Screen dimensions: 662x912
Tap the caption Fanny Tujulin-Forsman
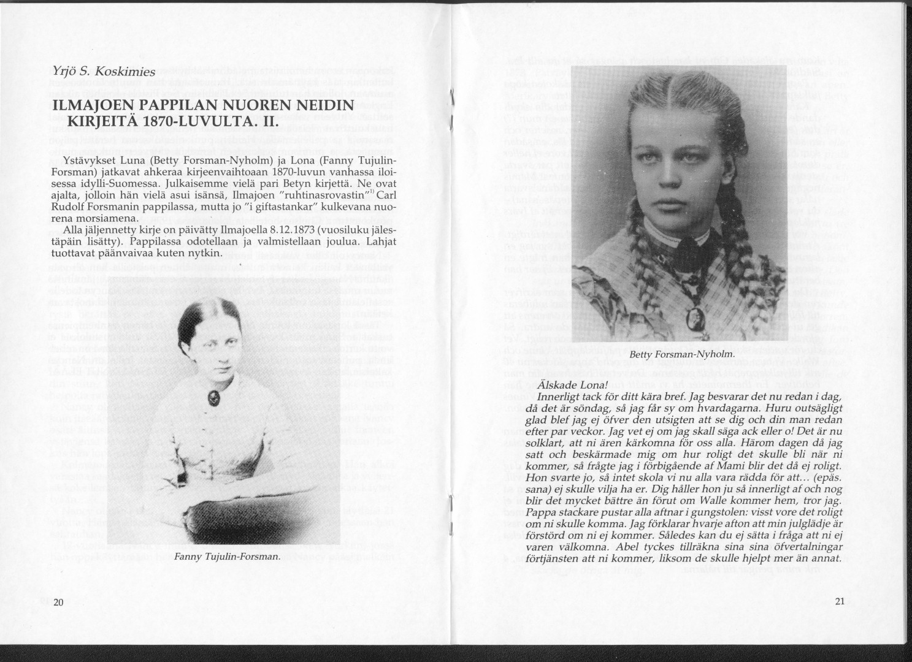pos(226,557)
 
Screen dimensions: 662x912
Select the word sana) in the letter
pos(538,489)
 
